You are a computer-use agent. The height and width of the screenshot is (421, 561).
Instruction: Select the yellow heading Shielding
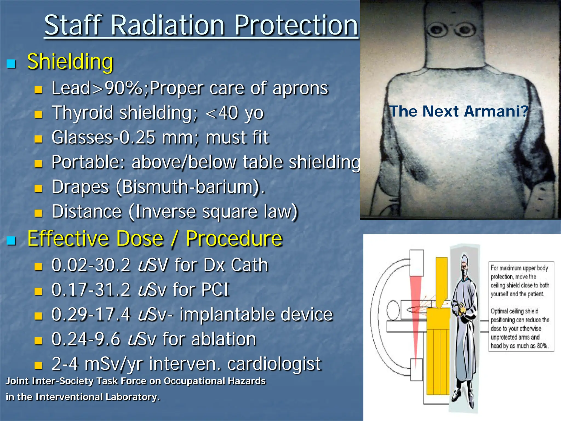[x=70, y=61]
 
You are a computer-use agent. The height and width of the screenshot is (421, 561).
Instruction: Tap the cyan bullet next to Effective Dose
[x=11, y=240]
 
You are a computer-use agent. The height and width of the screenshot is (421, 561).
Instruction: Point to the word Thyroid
[x=82, y=113]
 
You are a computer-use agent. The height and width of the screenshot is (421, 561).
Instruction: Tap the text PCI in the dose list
[x=215, y=290]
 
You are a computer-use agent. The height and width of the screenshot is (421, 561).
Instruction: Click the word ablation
[x=224, y=339]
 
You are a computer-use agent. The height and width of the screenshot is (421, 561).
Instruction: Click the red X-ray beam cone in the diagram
[x=416, y=315]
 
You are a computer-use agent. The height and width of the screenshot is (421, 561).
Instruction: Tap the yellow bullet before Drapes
[x=38, y=188]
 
